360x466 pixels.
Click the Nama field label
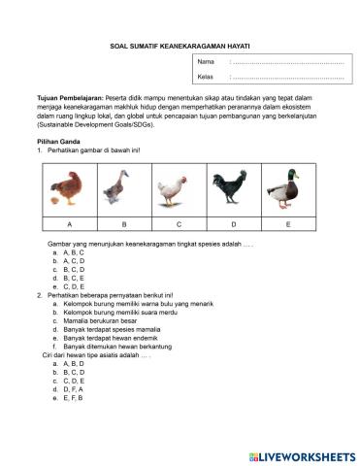coord(205,62)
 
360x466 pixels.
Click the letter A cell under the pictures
coord(69,224)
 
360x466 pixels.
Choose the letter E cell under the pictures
coord(287,224)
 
